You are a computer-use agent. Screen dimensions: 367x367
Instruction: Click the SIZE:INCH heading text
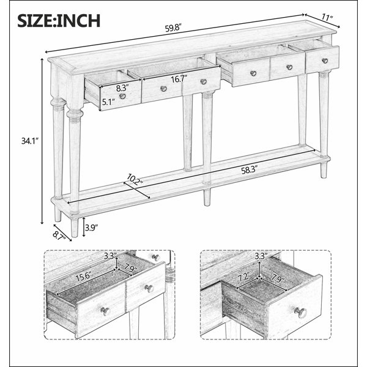59,21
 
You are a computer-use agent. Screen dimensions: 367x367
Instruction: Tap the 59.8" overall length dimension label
173,28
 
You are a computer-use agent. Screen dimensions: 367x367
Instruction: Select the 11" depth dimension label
327,18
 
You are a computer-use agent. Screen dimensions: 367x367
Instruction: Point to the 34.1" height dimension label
30,141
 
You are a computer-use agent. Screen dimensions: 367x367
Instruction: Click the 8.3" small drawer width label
122,88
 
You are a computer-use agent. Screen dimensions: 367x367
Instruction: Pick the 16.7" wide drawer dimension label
179,79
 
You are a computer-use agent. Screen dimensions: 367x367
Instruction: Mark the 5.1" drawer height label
108,102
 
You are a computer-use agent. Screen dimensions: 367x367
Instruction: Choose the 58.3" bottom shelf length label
250,170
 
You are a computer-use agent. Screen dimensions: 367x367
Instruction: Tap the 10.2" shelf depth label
135,180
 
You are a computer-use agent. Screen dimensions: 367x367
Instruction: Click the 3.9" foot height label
91,228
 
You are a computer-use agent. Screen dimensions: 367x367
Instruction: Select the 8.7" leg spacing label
59,235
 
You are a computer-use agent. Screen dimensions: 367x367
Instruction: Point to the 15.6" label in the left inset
83,278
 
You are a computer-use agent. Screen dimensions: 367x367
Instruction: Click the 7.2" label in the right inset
244,278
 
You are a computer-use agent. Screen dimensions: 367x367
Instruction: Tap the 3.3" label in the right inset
261,256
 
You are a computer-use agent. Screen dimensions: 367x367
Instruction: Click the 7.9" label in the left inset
131,269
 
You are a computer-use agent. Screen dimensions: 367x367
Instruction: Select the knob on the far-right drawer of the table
325,61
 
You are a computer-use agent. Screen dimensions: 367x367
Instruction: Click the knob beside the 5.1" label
122,96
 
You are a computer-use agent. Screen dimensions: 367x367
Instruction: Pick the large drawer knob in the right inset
300,313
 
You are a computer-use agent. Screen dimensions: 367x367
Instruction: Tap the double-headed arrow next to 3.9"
84,227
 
